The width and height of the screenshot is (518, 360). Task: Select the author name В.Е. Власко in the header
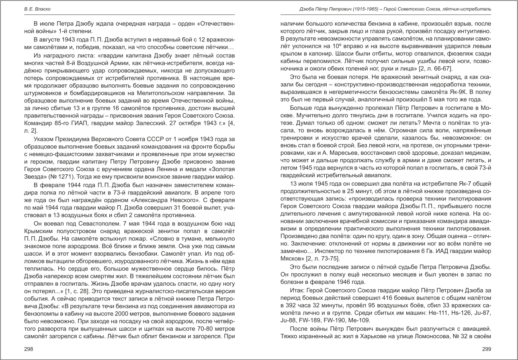(35, 8)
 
